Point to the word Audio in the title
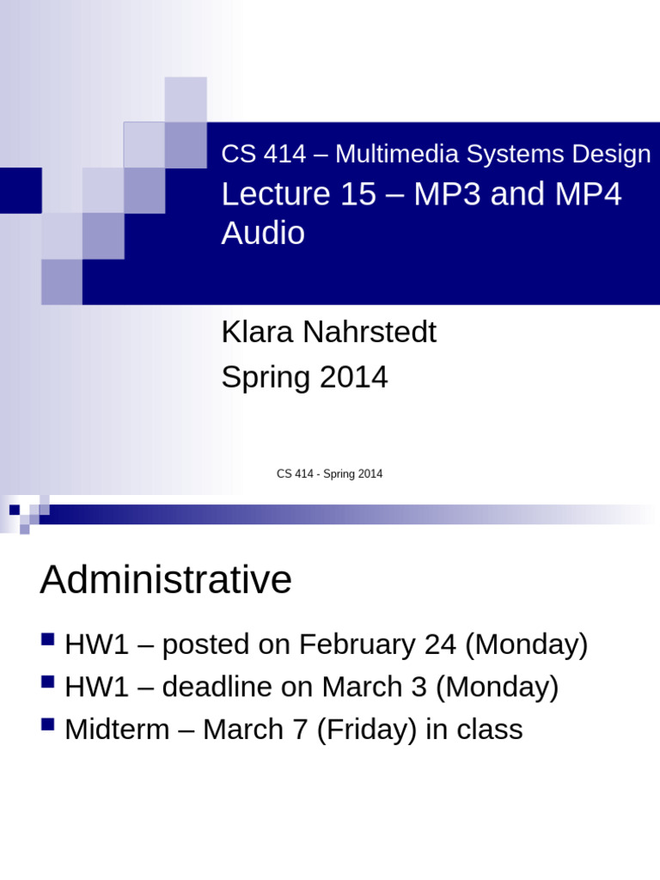263,234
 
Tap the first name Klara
255,333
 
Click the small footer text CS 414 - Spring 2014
329,474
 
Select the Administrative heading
166,581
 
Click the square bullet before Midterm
48,724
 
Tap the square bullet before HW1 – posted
48,639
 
